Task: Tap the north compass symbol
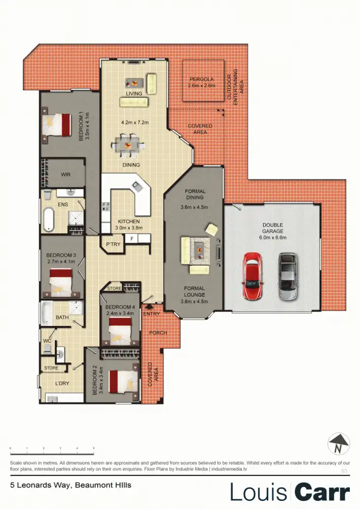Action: [x=339, y=445]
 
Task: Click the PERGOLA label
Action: [x=202, y=80]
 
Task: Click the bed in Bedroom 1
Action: [x=57, y=125]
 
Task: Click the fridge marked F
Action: [x=132, y=238]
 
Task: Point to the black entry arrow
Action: [x=149, y=306]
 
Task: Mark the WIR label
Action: [x=65, y=175]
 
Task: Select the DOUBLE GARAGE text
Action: [x=272, y=228]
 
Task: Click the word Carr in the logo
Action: [x=322, y=492]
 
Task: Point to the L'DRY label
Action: [x=62, y=383]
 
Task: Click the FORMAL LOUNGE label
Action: [x=194, y=291]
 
